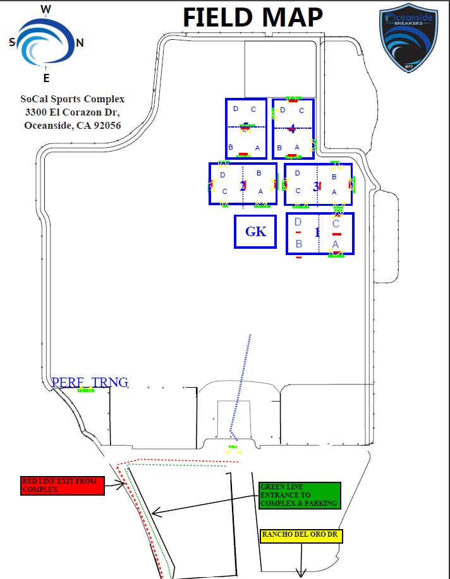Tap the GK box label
pyautogui.click(x=255, y=232)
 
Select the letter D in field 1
pyautogui.click(x=298, y=222)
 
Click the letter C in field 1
pyautogui.click(x=336, y=224)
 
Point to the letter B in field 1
pyautogui.click(x=299, y=244)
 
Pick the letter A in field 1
pyautogui.click(x=336, y=244)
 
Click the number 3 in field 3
pyautogui.click(x=315, y=186)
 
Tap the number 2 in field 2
pyautogui.click(x=242, y=186)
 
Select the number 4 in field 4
pyautogui.click(x=291, y=129)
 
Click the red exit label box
pyautogui.click(x=62, y=485)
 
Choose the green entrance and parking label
pyautogui.click(x=300, y=495)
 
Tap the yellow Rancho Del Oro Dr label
pyautogui.click(x=301, y=536)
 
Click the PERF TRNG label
pyautogui.click(x=90, y=382)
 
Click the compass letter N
pyautogui.click(x=80, y=43)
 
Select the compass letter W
pyautogui.click(x=46, y=9)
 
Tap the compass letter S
pyautogui.click(x=12, y=42)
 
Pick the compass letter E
pyautogui.click(x=46, y=78)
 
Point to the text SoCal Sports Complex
pyautogui.click(x=73, y=99)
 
